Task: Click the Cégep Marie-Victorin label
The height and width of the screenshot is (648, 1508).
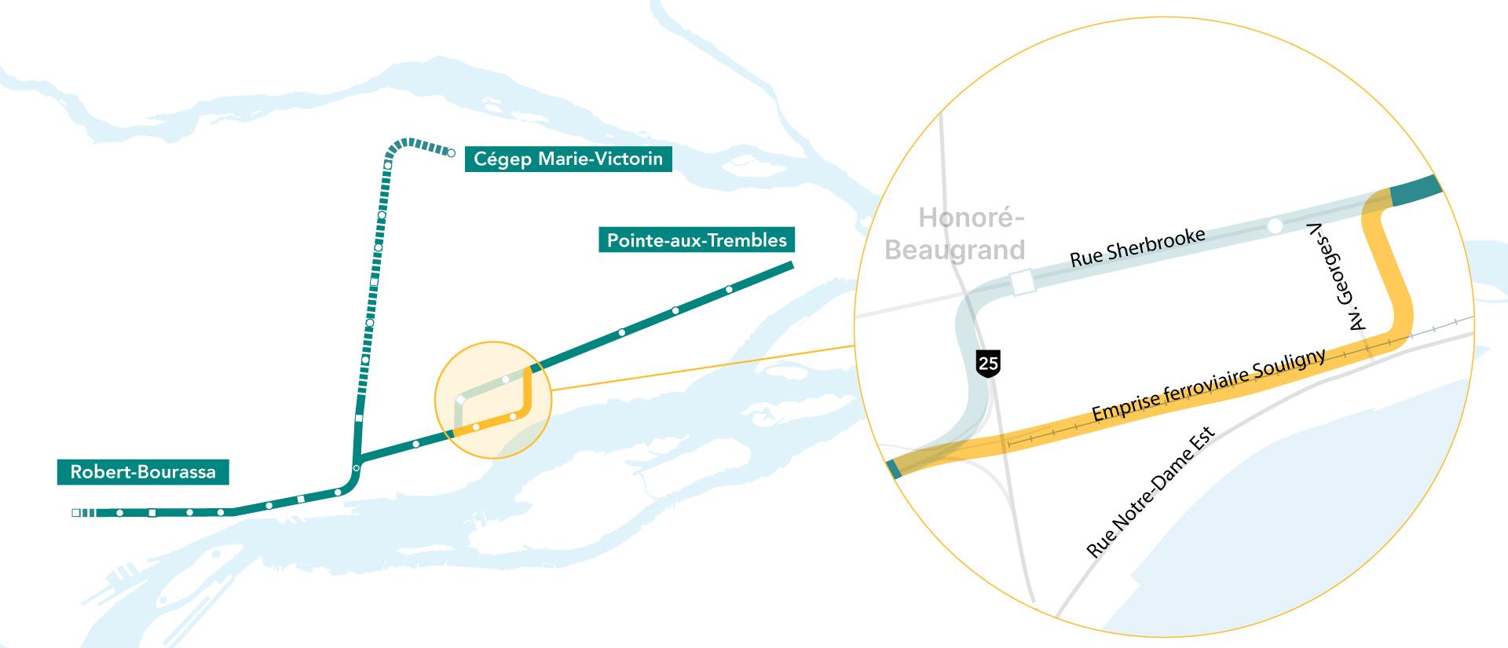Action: click(568, 159)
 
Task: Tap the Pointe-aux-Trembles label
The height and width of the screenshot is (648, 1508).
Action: click(697, 240)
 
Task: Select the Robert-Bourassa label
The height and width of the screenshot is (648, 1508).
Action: click(143, 472)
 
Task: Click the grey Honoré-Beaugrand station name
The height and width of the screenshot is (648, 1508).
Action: click(955, 233)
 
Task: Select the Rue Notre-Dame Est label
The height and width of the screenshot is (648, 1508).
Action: click(1151, 492)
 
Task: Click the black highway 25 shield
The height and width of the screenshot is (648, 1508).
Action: click(988, 363)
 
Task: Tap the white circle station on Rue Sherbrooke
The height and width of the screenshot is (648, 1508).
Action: click(1275, 226)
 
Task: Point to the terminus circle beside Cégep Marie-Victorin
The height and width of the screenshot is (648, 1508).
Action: click(451, 153)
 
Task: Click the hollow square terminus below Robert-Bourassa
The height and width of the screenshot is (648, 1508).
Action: click(75, 513)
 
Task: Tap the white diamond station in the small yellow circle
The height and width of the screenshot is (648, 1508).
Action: click(459, 400)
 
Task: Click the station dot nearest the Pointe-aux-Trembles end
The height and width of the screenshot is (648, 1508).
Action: click(729, 290)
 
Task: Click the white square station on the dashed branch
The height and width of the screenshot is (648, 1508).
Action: click(374, 281)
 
